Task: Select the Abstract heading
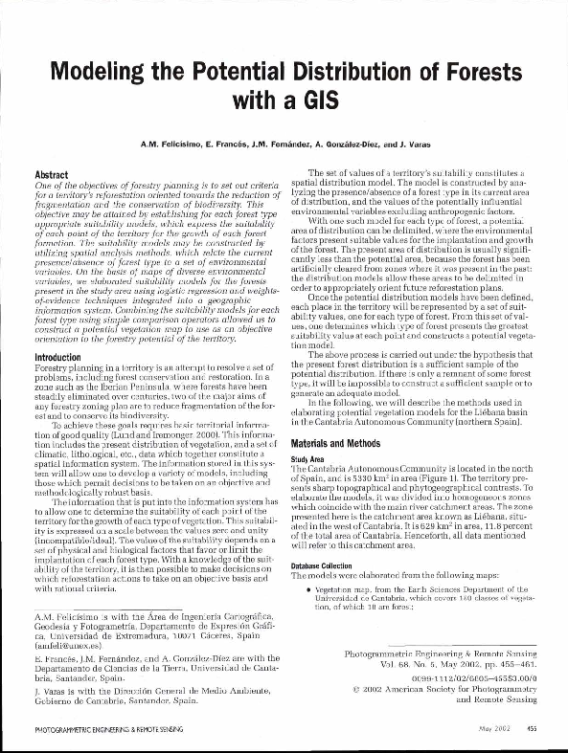(52, 176)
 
